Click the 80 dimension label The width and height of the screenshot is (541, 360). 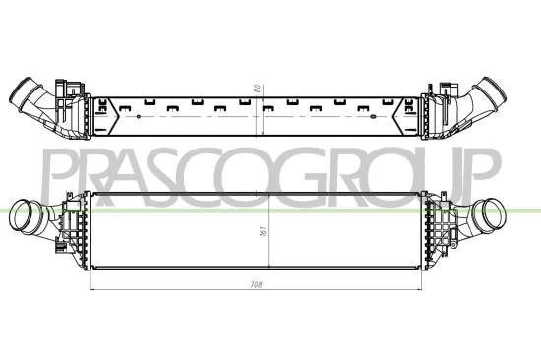(257, 88)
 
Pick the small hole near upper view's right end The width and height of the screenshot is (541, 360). (385, 117)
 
